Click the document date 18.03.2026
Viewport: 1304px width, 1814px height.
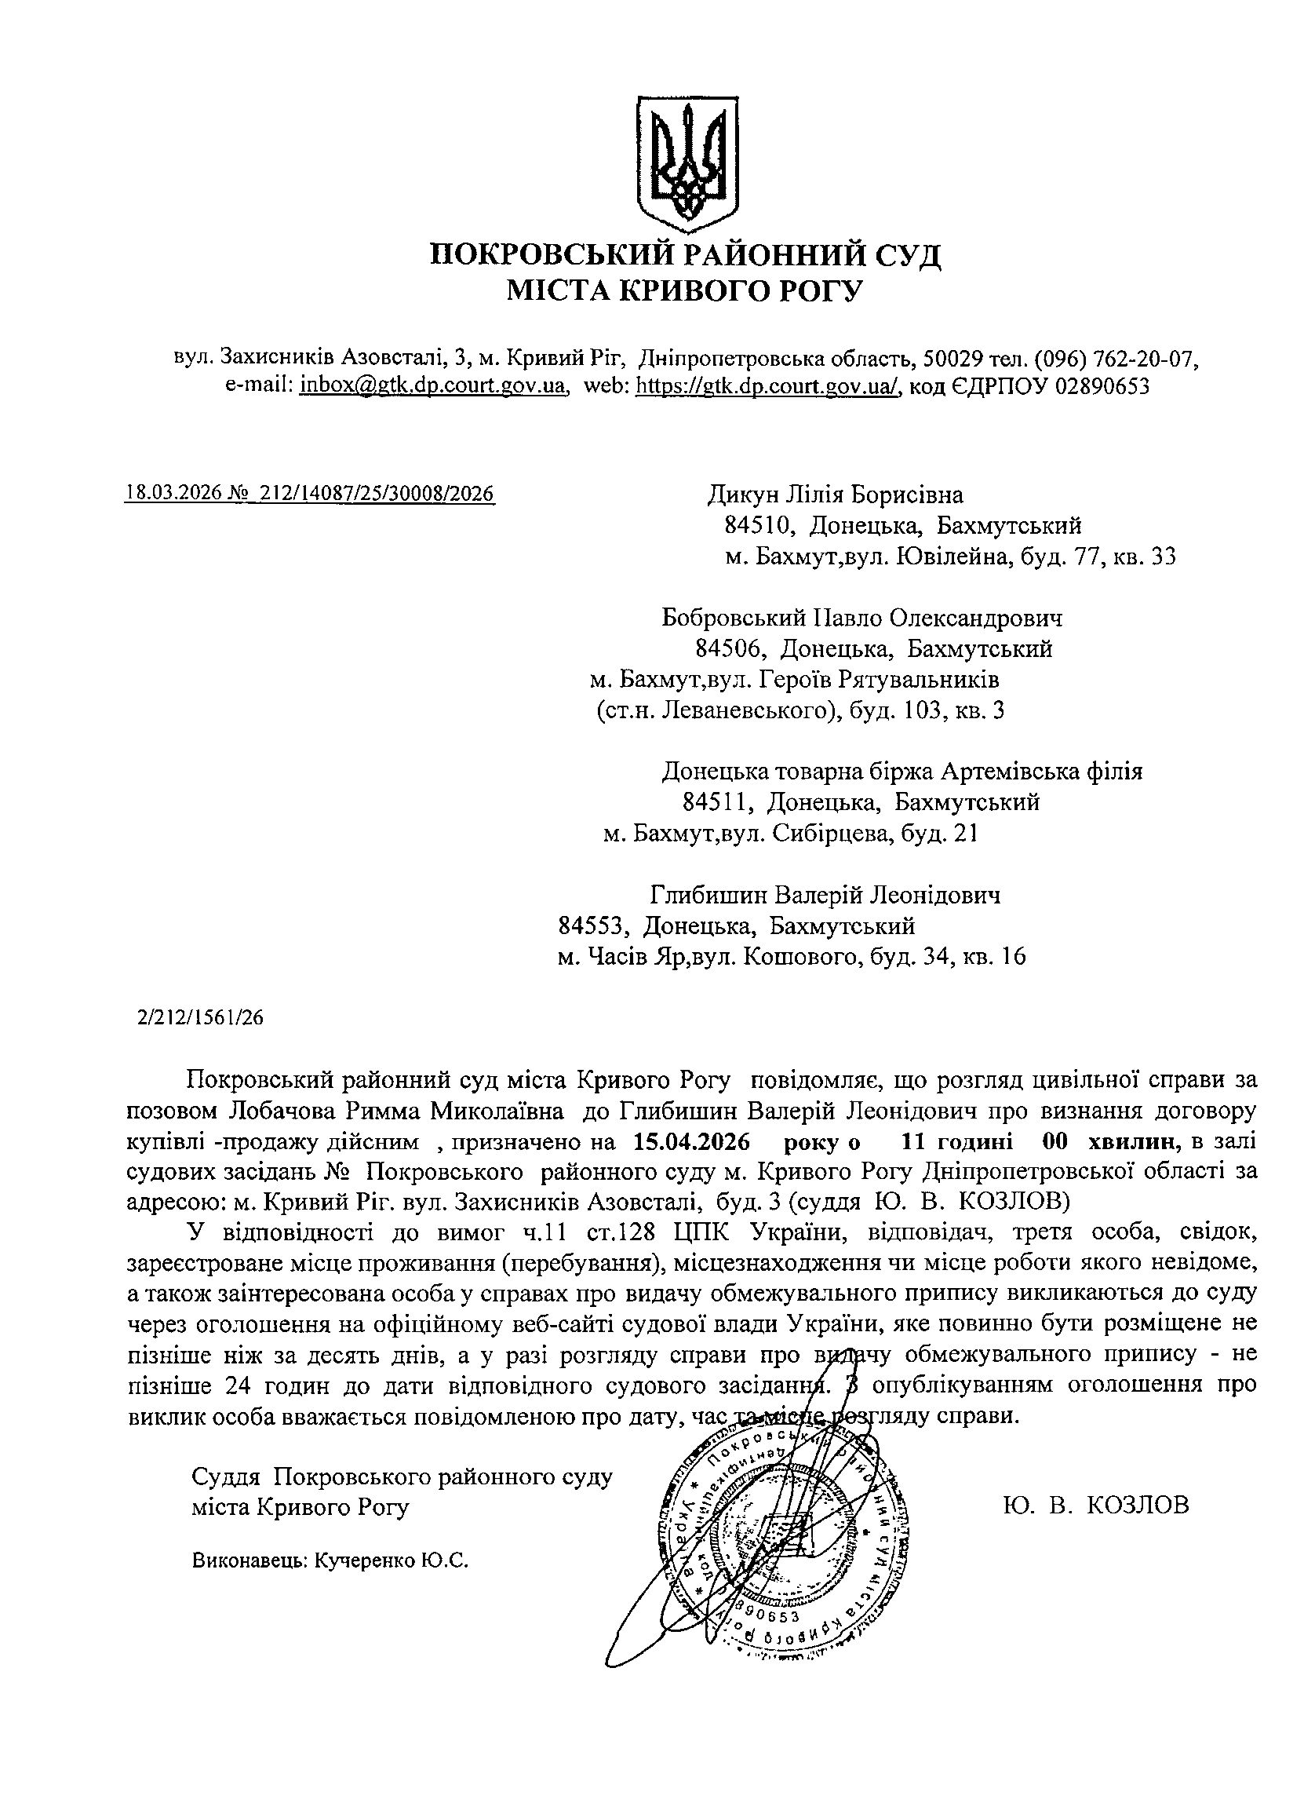173,493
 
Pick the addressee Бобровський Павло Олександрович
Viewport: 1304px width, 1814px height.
863,618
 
